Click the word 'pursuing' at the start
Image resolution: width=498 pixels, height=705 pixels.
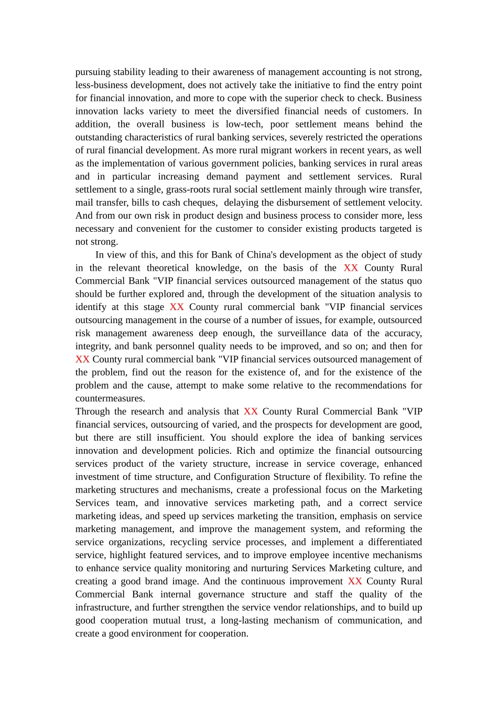(x=93, y=72)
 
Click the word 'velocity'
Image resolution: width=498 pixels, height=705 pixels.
(x=403, y=202)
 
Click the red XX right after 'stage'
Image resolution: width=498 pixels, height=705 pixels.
(x=177, y=307)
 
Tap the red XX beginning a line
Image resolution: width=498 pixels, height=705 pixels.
(x=82, y=359)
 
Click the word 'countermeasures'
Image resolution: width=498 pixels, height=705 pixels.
(x=110, y=399)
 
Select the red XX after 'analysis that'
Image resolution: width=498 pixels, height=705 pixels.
(x=251, y=412)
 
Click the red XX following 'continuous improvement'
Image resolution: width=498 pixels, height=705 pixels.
(x=355, y=581)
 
